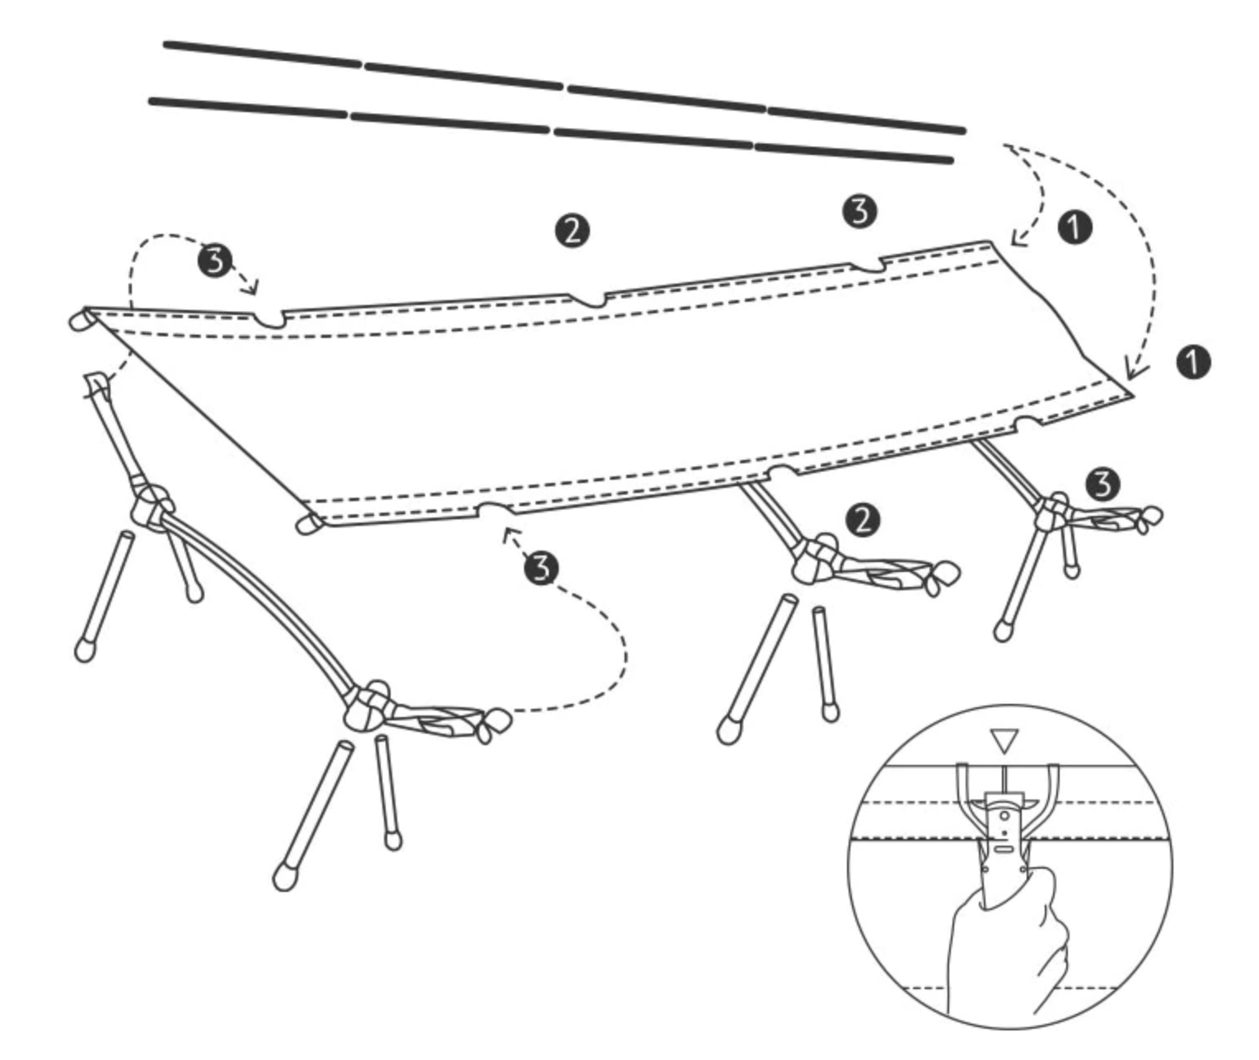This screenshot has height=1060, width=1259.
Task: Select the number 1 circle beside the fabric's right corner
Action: click(1193, 363)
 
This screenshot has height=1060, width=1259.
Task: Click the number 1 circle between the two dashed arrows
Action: click(1075, 227)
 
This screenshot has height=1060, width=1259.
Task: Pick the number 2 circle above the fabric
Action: click(572, 231)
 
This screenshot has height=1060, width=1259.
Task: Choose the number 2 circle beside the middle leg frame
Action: click(863, 520)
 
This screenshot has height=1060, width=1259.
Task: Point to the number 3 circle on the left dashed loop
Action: click(215, 261)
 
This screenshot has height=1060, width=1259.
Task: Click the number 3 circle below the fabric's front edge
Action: click(541, 568)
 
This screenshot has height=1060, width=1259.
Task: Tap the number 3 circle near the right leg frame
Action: click(1102, 485)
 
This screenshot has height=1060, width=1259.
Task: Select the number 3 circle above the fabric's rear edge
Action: click(860, 211)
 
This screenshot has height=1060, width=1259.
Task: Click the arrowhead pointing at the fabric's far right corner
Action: click(1134, 370)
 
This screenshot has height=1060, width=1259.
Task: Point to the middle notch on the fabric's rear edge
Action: click(588, 301)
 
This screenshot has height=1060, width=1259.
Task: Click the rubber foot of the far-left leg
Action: click(85, 650)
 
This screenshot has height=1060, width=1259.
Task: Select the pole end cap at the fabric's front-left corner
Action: click(309, 523)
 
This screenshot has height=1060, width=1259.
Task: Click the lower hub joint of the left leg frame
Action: click(367, 707)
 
